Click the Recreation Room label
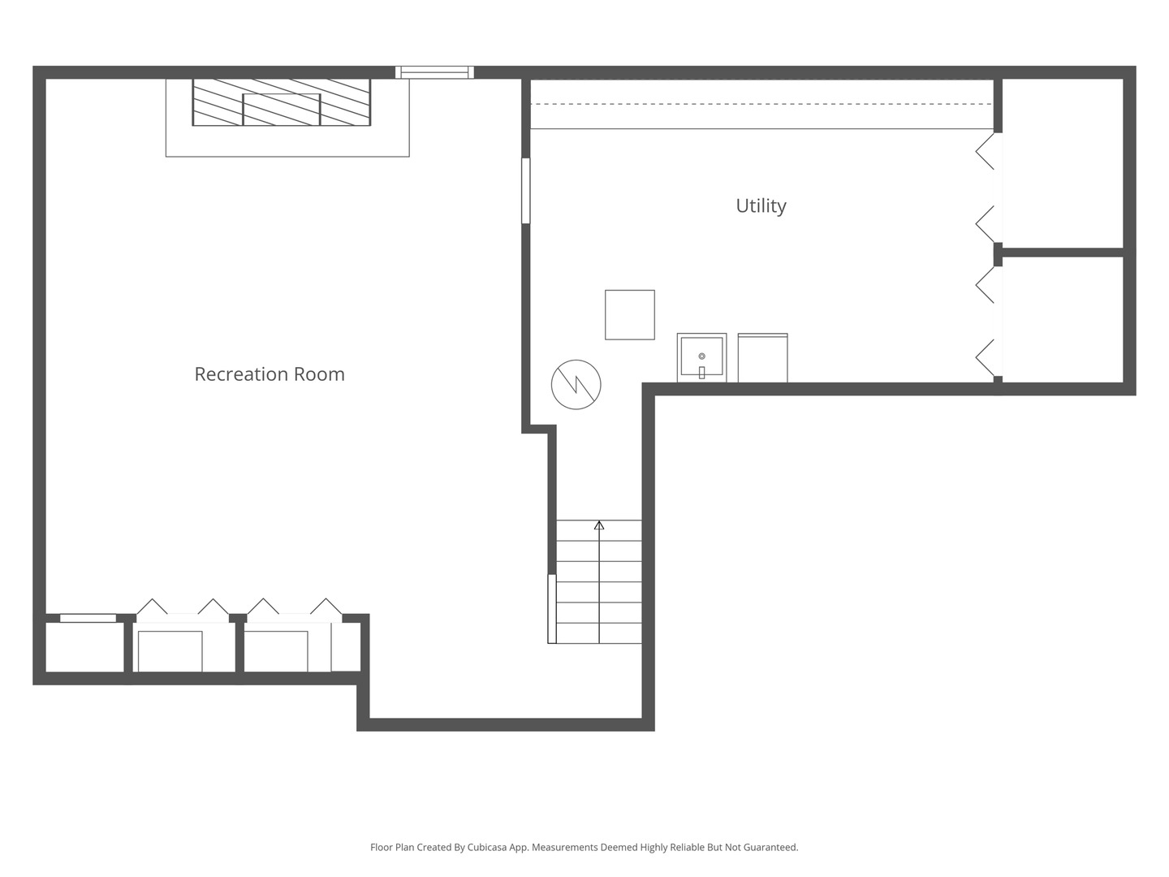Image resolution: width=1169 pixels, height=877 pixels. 270,374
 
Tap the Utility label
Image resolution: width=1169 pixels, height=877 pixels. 761,205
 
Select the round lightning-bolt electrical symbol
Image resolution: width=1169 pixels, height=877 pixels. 576,384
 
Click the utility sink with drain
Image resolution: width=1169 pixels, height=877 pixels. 701,357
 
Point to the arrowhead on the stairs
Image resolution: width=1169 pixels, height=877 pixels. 599,525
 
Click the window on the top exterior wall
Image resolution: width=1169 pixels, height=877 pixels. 434,72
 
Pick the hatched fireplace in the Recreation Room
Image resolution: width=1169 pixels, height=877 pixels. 281,102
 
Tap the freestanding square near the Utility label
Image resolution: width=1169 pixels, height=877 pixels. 630,314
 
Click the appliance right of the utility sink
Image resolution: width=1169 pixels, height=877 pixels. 762,358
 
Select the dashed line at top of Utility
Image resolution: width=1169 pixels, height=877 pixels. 761,104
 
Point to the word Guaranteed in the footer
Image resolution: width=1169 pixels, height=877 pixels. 769,847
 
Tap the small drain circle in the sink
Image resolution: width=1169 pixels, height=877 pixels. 701,356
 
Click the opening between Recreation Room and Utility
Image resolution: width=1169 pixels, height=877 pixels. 526,191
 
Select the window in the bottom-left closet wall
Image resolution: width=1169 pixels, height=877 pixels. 88,618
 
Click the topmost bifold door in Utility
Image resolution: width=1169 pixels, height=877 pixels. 986,152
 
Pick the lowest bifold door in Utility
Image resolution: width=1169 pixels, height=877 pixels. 986,356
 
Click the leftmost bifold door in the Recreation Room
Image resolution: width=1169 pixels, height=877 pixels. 152,607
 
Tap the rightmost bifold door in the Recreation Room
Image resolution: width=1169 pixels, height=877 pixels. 326,607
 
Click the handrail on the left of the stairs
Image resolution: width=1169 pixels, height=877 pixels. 552,609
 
